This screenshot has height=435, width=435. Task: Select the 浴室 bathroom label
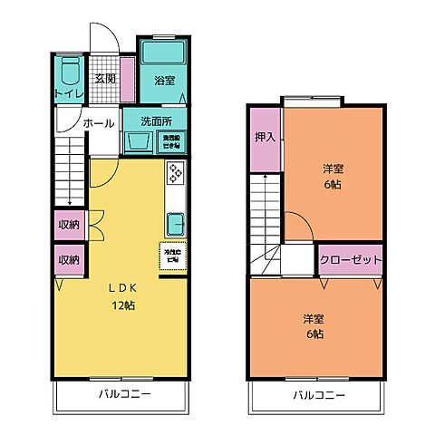coord(164,80)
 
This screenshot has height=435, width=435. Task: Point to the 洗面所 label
coord(156,121)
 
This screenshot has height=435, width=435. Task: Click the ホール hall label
coord(99,122)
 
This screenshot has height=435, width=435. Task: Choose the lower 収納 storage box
coord(69,259)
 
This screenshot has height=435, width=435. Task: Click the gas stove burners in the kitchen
coord(175,174)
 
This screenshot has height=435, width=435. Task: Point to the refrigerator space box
coord(172,256)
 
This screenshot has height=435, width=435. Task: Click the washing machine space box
coord(171,141)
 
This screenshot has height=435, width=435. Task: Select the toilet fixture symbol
coord(69,72)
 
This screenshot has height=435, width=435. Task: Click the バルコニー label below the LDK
coord(123,395)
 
